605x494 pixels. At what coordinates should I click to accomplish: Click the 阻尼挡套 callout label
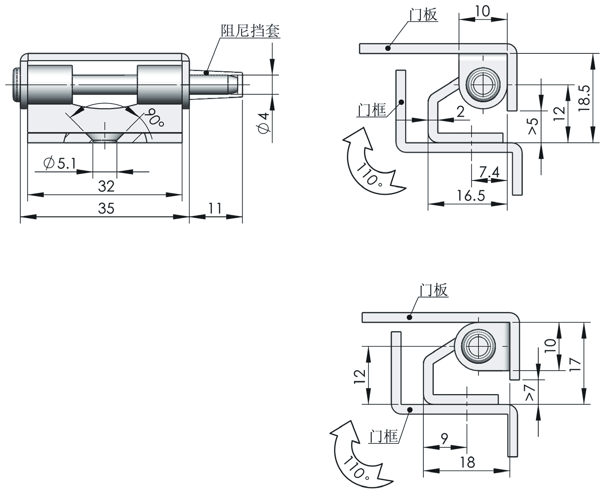click(251, 31)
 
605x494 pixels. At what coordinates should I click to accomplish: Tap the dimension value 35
click(106, 209)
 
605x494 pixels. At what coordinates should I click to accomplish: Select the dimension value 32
click(106, 186)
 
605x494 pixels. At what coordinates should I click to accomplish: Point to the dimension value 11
click(215, 209)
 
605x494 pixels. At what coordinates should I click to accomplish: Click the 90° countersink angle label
click(155, 118)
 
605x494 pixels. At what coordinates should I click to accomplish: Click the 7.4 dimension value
click(489, 173)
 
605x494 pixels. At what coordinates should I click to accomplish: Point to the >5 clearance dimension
click(533, 125)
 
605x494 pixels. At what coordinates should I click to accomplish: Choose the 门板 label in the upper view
click(423, 15)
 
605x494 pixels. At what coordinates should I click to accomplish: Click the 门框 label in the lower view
click(383, 436)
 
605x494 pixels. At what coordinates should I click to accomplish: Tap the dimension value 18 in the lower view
click(467, 462)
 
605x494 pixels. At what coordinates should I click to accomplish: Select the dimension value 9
click(444, 439)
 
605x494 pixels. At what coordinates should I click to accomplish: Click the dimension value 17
click(575, 364)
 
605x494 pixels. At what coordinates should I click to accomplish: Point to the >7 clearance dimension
click(530, 392)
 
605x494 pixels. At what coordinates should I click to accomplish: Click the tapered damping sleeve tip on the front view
click(237, 85)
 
